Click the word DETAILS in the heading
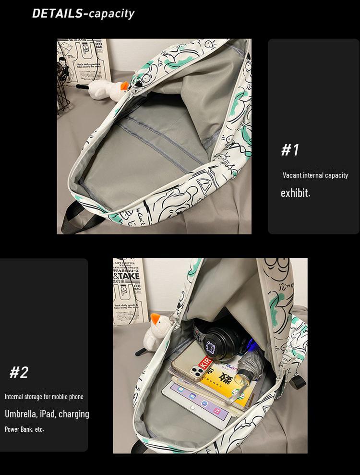57,13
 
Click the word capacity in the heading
111,13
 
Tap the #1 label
290,150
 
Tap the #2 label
19,372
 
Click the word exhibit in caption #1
295,193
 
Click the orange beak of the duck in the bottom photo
155,318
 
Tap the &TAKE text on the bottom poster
127,276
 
